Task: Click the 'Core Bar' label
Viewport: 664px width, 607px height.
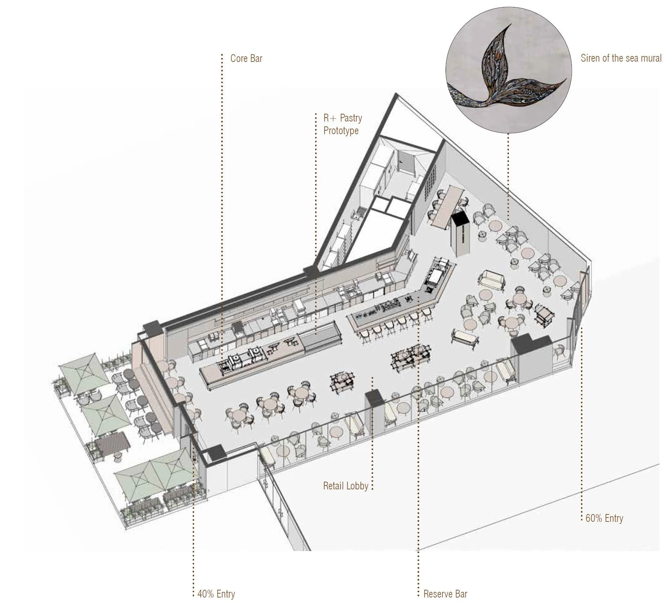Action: [246, 58]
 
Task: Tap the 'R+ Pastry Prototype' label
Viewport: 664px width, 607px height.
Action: [342, 124]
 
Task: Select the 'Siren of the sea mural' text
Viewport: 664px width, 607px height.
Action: [621, 58]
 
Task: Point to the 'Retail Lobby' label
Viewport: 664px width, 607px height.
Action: [345, 486]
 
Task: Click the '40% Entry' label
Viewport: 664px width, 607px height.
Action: [216, 594]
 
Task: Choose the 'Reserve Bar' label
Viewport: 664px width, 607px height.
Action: [445, 594]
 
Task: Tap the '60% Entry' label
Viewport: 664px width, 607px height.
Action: [604, 518]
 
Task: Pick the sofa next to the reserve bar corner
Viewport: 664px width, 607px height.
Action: [491, 279]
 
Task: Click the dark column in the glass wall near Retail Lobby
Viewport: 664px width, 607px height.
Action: [373, 401]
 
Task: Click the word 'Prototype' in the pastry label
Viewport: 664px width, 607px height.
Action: [341, 131]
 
